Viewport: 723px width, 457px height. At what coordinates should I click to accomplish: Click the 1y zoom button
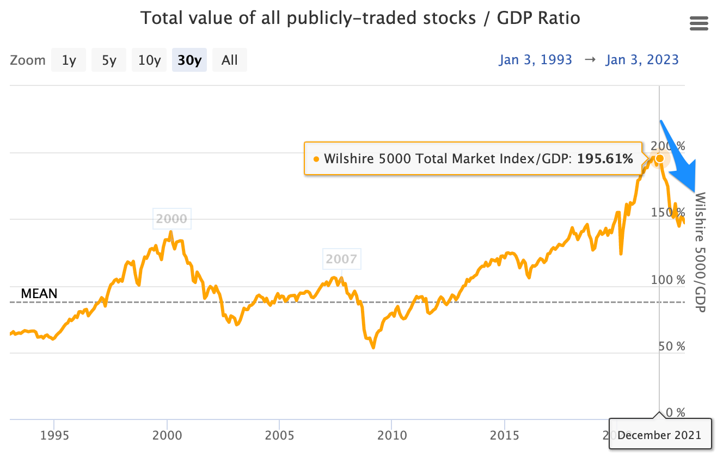coord(69,60)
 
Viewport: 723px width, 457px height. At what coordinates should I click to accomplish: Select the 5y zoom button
coord(109,60)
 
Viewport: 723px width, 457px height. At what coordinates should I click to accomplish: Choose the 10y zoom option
coord(149,60)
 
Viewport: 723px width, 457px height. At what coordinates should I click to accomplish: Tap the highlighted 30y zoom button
coord(189,60)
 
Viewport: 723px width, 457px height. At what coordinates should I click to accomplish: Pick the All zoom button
coord(230,60)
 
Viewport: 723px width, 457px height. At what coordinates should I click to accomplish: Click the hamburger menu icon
coord(699,23)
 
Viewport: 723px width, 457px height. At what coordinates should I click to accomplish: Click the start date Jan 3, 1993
coord(535,59)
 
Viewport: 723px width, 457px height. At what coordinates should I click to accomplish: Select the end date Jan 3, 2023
coord(642,59)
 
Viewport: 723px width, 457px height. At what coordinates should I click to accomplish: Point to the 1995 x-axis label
coord(54,435)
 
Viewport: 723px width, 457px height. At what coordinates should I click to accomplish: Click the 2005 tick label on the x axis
coord(279,435)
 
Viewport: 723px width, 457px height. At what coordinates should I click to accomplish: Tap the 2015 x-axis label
coord(505,435)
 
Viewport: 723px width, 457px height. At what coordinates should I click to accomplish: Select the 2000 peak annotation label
coord(171,219)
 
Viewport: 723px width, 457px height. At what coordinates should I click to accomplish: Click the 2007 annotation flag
coord(341,259)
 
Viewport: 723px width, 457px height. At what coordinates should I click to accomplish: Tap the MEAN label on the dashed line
coord(39,294)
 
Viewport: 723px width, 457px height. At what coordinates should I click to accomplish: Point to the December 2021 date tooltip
coord(660,435)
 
